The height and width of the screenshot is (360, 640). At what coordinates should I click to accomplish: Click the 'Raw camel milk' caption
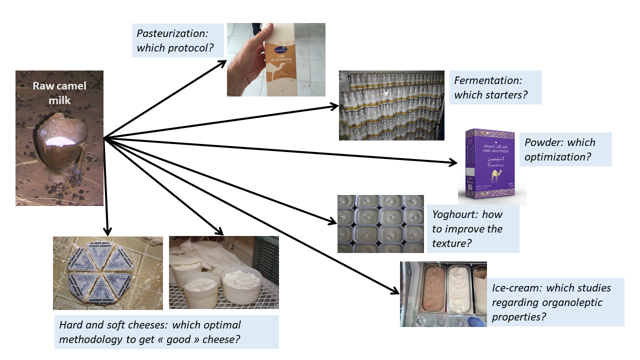tap(59, 93)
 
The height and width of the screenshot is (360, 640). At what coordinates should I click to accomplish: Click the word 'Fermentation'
tap(487, 80)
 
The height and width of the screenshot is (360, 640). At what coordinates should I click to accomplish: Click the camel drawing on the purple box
tap(496, 175)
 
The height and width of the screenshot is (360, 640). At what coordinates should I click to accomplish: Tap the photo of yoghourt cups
tap(380, 224)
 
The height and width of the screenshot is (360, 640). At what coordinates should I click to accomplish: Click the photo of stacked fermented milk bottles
tap(391, 105)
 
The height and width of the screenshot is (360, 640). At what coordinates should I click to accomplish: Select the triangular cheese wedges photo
tap(107, 273)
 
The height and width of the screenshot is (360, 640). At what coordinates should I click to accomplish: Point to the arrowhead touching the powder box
tap(453, 162)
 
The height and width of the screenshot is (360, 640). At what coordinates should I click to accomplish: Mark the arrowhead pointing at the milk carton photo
tap(223, 62)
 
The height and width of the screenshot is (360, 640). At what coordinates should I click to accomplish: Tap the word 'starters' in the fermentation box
tap(505, 95)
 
